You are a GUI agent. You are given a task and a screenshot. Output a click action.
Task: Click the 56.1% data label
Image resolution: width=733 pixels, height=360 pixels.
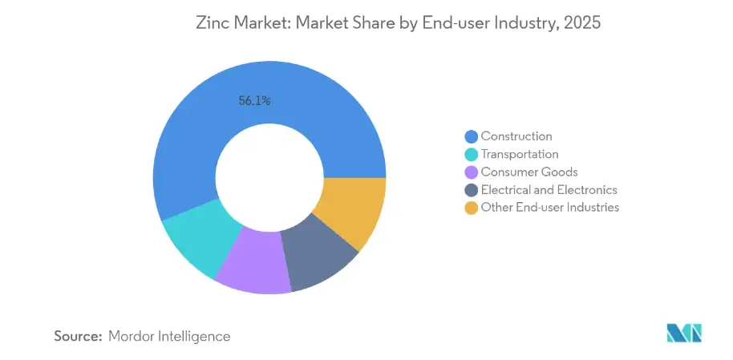tap(254, 101)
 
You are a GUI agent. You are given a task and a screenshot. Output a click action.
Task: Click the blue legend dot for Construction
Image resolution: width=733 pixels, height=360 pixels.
tap(471, 136)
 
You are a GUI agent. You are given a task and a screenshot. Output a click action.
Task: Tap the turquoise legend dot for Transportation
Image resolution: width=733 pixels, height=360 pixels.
tap(471, 154)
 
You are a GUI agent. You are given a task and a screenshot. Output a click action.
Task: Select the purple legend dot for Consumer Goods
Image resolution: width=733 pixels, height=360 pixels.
tap(471, 172)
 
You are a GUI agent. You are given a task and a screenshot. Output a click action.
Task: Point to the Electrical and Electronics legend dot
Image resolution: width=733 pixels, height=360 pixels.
tap(471, 190)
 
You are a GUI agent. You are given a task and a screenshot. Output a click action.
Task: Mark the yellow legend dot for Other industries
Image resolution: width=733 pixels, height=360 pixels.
tap(471, 208)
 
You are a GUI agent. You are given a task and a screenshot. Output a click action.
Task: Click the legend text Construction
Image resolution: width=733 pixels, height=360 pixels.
tap(516, 136)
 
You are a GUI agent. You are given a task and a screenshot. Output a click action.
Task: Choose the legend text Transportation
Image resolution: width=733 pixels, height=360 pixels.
tap(520, 154)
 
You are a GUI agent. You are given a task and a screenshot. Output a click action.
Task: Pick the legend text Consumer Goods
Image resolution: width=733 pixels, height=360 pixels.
tap(528, 172)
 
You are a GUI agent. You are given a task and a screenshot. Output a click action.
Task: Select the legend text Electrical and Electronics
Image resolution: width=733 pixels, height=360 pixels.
tap(549, 190)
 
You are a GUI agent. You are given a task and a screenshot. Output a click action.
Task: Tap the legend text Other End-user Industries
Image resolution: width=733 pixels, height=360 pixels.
tap(549, 208)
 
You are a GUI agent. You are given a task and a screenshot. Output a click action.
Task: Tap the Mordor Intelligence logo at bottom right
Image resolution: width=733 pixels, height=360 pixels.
tap(683, 333)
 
